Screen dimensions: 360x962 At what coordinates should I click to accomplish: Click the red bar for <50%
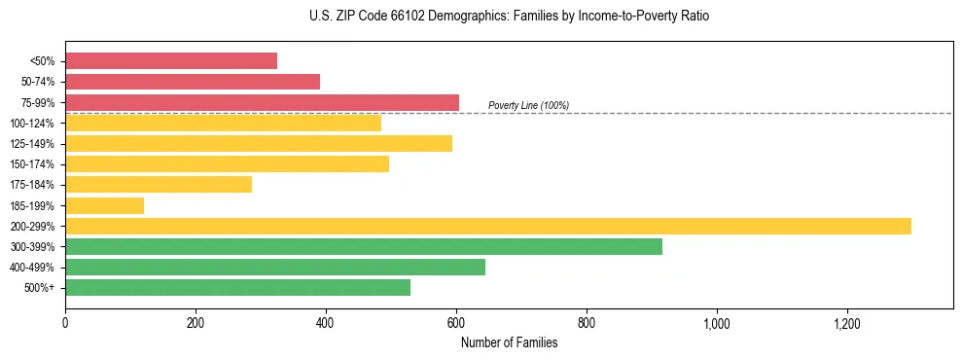(x=171, y=61)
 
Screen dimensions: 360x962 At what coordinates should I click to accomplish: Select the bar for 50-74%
(x=193, y=82)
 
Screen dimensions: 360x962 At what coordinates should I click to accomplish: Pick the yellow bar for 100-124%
(x=223, y=123)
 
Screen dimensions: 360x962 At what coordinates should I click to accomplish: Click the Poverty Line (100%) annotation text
(x=528, y=105)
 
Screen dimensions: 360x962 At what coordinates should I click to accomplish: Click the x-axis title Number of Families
(x=509, y=342)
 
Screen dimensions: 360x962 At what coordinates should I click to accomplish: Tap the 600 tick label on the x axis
(x=456, y=322)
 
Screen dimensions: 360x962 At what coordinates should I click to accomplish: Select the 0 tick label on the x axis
(x=65, y=322)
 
